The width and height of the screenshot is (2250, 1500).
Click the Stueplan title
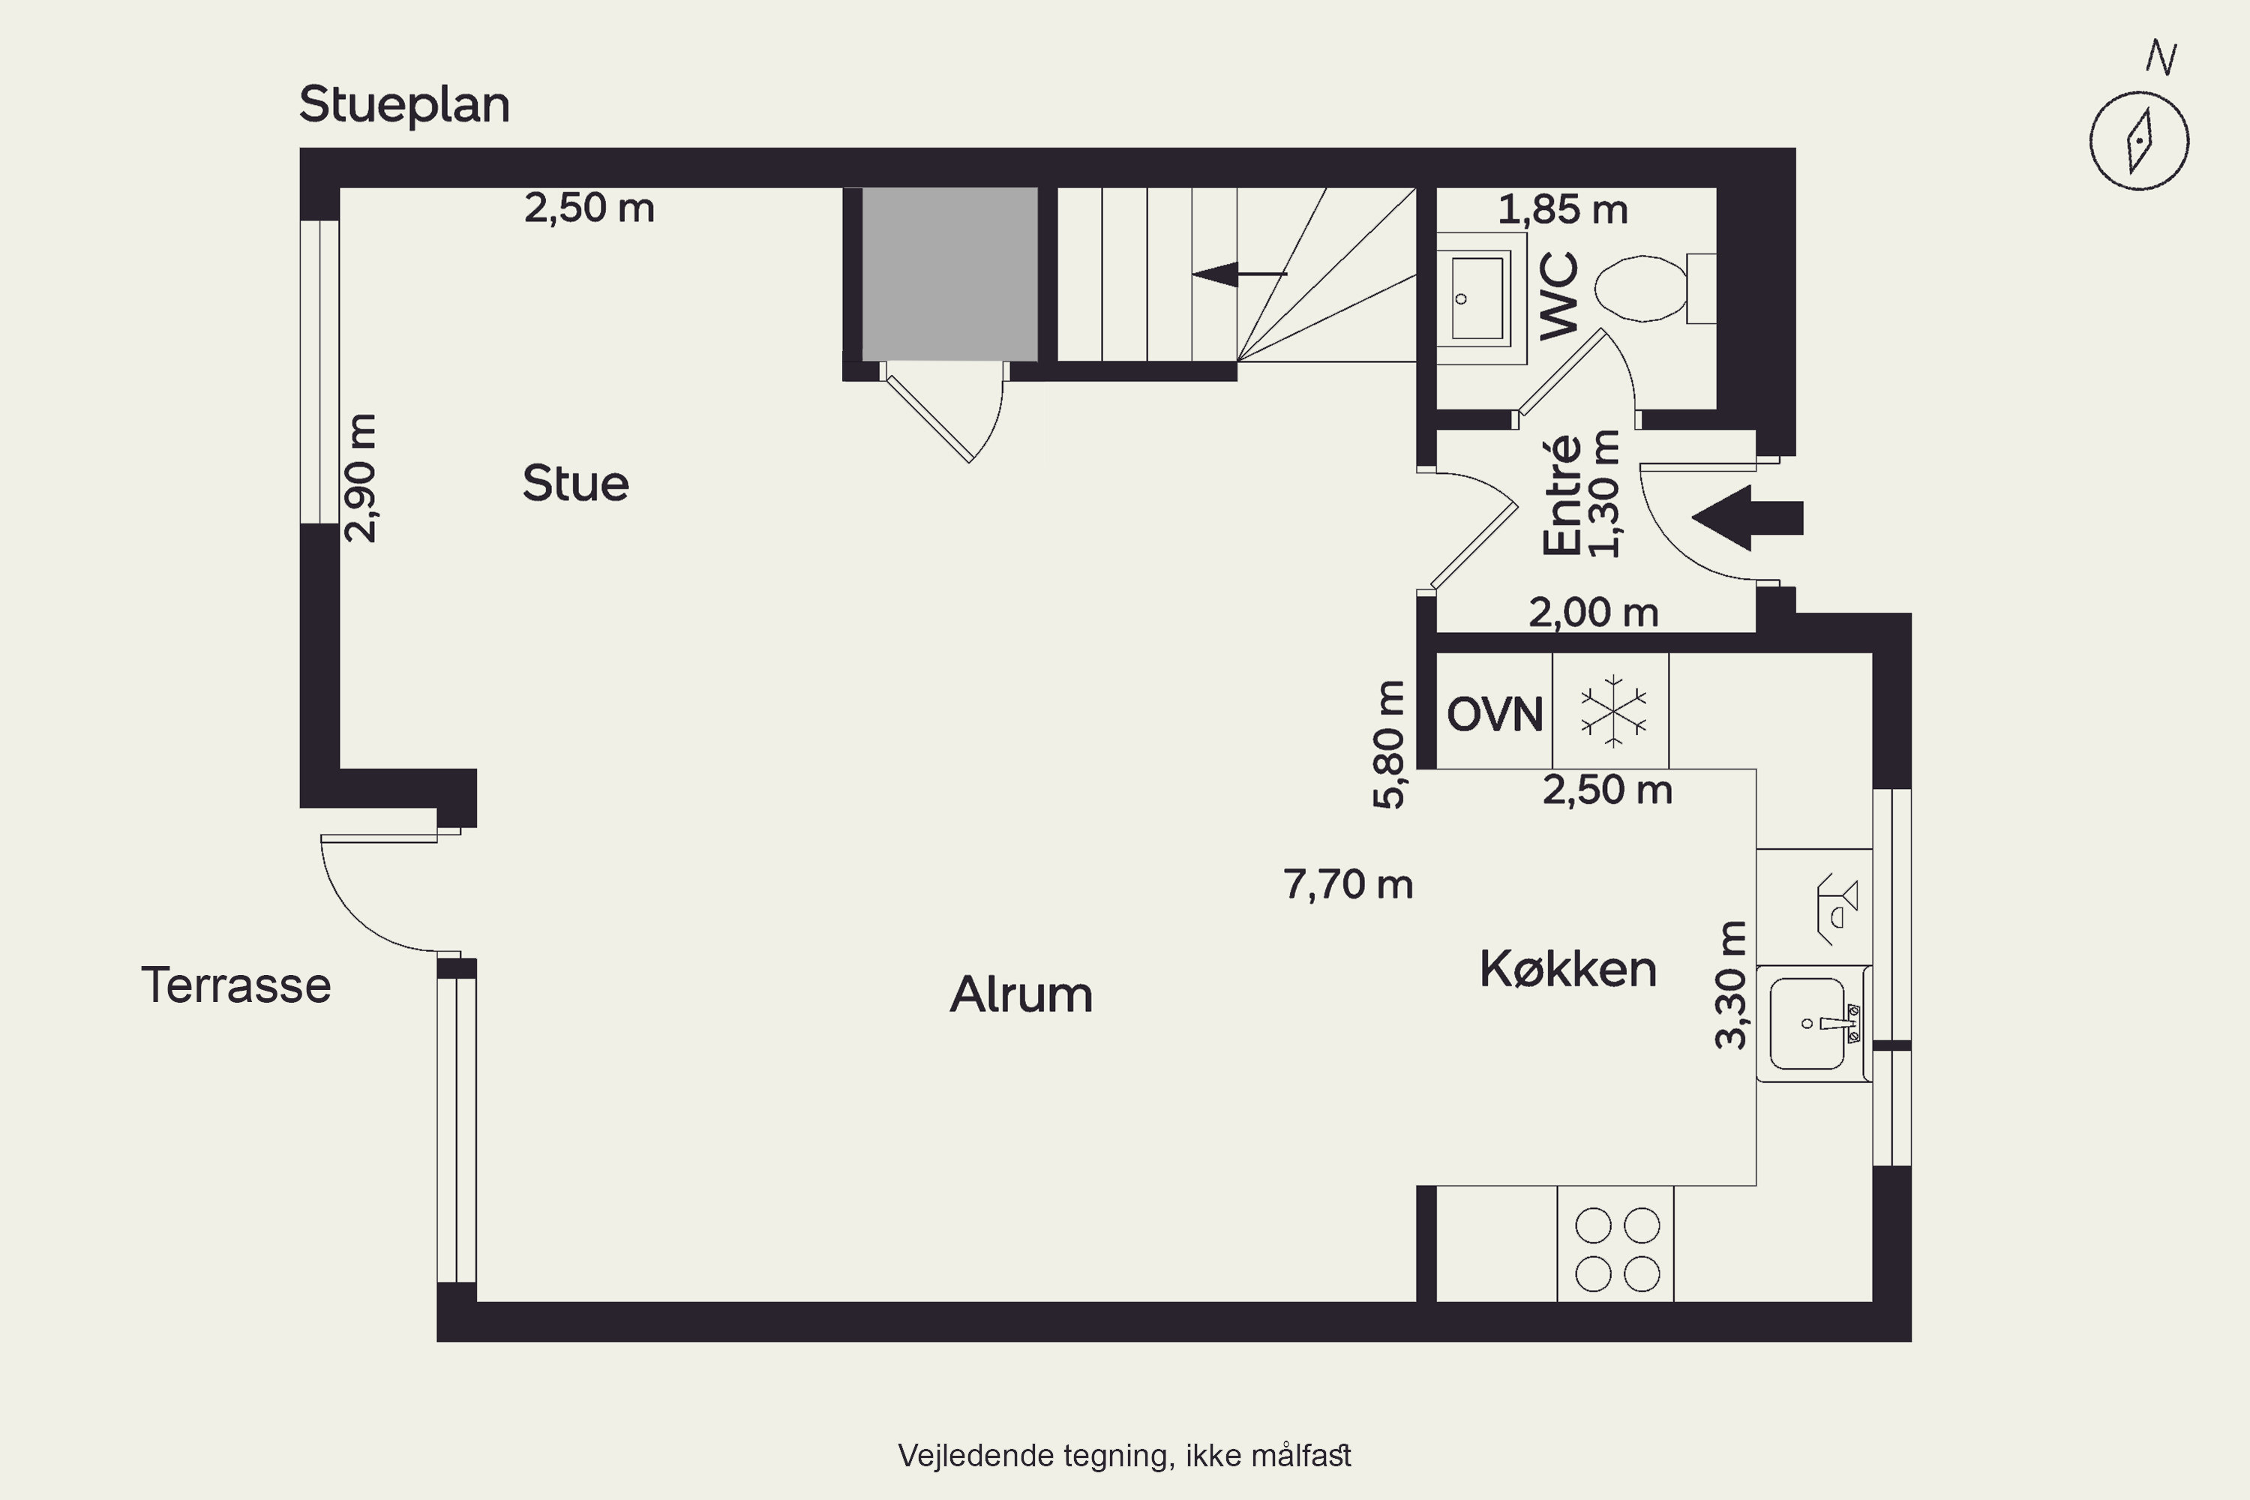(x=403, y=105)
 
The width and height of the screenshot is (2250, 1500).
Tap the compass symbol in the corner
(x=2139, y=139)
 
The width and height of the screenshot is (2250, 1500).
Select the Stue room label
(x=576, y=483)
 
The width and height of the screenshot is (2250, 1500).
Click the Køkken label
(x=1568, y=969)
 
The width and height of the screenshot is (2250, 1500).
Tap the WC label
(x=1558, y=295)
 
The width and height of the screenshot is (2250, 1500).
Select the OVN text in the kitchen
(x=1494, y=714)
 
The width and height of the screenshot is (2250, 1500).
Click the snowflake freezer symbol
(x=1613, y=711)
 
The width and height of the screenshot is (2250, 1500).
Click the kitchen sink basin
(x=1807, y=1024)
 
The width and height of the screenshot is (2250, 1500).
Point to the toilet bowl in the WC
(x=1642, y=288)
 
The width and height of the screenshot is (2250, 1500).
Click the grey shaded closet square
(x=950, y=274)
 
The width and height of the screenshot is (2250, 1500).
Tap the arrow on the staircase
(x=1240, y=274)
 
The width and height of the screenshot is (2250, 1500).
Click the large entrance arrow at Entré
(x=1747, y=517)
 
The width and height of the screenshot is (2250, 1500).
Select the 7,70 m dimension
(x=1348, y=885)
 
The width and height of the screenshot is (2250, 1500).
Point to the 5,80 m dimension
(x=1389, y=744)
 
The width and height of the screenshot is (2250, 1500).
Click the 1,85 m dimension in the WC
(x=1562, y=209)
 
